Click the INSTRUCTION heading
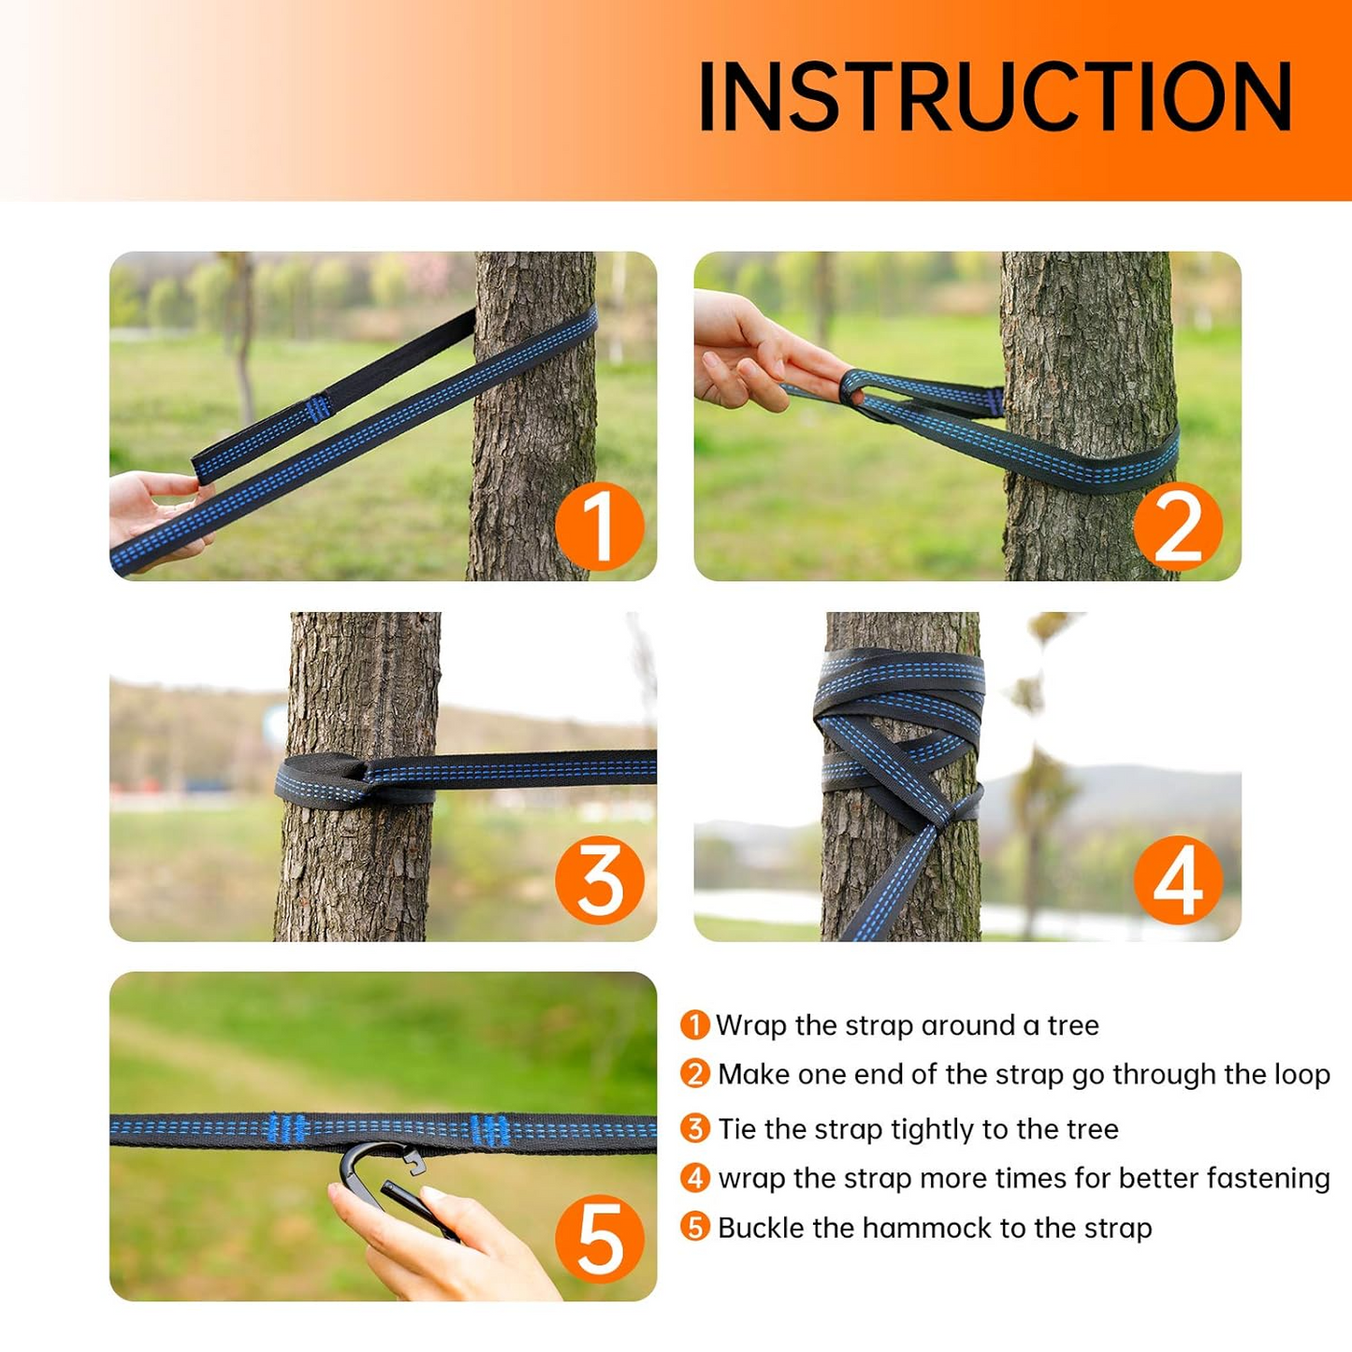(995, 96)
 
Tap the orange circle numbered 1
(600, 526)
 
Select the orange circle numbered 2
(1178, 527)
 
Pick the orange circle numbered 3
(600, 880)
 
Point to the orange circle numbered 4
(1178, 880)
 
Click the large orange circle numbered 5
(600, 1239)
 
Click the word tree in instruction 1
(1073, 1025)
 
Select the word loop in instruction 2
(1302, 1075)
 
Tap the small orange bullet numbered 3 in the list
(695, 1128)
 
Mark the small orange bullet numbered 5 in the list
(695, 1227)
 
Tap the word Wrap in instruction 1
(751, 1025)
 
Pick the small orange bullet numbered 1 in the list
(695, 1025)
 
